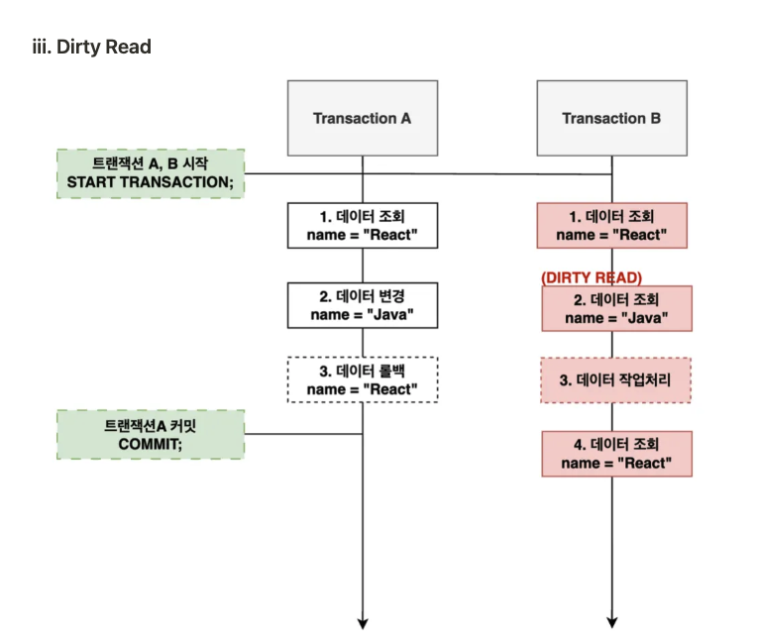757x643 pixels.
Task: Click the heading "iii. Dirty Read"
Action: tap(92, 47)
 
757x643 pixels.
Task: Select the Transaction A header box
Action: tap(362, 118)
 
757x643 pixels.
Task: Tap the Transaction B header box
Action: tap(611, 118)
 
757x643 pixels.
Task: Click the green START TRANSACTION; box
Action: tap(150, 173)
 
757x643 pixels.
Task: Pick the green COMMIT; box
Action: tap(150, 434)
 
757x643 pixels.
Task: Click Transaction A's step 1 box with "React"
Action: tap(362, 225)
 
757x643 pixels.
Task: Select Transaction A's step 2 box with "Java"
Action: tap(362, 305)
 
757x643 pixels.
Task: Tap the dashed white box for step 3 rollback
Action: tap(362, 378)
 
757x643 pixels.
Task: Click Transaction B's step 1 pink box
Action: tap(611, 225)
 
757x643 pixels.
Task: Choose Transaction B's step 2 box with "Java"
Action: tap(616, 308)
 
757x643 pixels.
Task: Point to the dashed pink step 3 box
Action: tap(616, 380)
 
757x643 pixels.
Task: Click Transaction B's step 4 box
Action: tap(616, 453)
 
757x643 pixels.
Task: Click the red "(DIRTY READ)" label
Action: tap(592, 277)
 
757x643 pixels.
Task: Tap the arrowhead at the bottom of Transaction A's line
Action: tap(363, 622)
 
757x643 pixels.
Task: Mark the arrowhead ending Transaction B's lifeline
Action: tap(612, 622)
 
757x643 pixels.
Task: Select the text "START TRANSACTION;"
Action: tap(150, 183)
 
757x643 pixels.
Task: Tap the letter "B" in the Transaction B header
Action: tap(655, 118)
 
